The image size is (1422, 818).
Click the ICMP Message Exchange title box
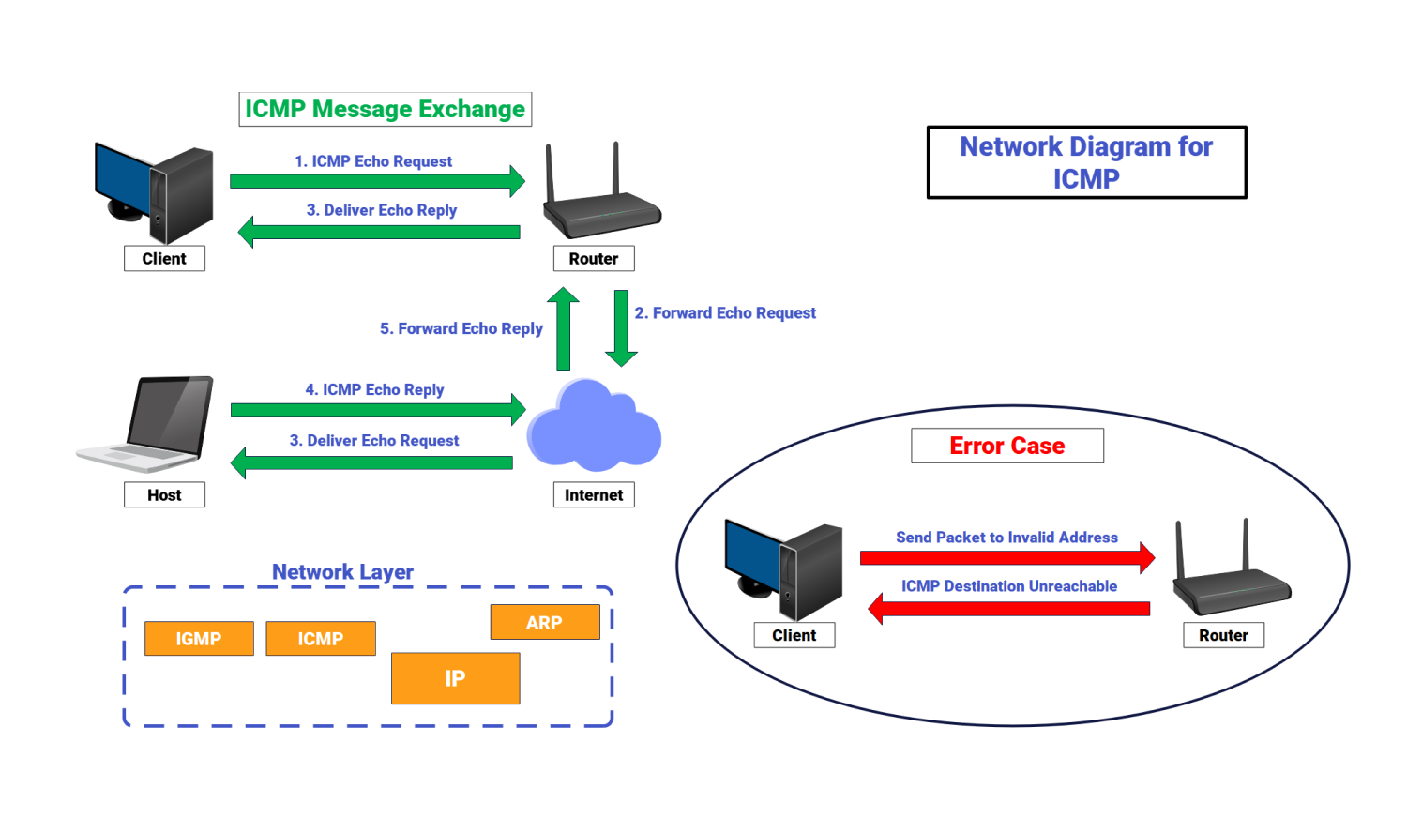click(385, 109)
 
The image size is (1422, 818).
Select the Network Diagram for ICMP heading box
click(1086, 162)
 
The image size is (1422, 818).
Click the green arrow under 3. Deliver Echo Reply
click(379, 232)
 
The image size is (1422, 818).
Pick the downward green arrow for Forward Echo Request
click(621, 327)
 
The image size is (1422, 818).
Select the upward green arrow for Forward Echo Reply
click(563, 329)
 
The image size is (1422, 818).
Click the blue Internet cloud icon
click(594, 427)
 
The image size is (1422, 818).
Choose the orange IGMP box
click(199, 639)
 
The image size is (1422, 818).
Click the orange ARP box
click(544, 622)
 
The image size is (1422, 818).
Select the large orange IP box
click(455, 678)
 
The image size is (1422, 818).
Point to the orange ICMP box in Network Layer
click(321, 639)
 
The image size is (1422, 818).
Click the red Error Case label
click(1006, 446)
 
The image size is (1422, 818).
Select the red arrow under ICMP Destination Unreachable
click(1008, 608)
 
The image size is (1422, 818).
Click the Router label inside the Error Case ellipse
click(1223, 635)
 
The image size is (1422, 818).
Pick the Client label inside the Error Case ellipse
click(794, 635)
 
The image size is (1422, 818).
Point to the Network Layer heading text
click(342, 571)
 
